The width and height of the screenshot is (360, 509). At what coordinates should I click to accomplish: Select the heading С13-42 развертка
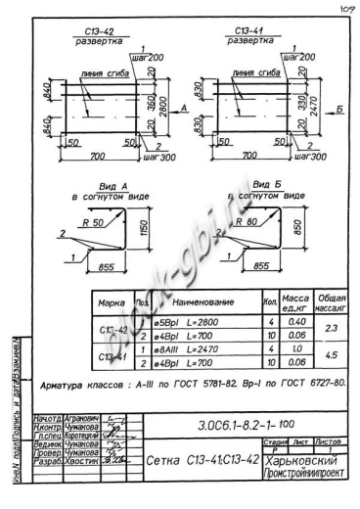(x=99, y=38)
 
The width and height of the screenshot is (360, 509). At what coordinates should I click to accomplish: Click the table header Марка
(x=115, y=305)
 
